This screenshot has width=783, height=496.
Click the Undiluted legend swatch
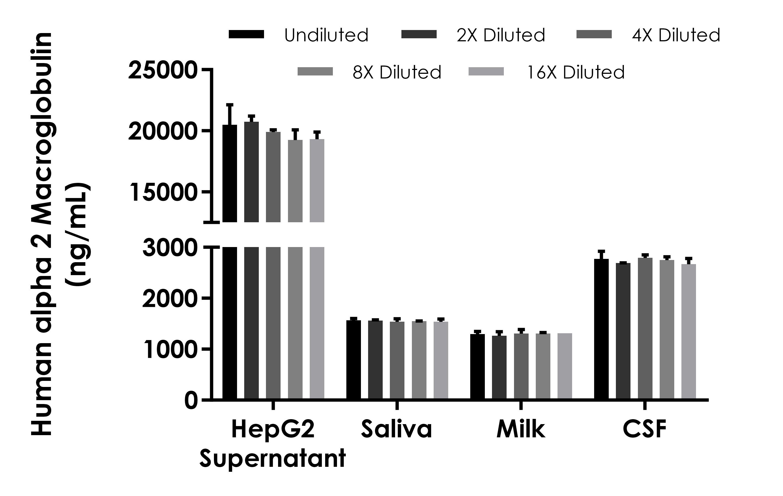pos(246,34)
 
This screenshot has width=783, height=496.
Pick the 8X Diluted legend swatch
pos(315,72)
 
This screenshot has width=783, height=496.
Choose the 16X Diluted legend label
pos(575,72)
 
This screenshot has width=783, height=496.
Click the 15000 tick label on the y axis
pos(163,193)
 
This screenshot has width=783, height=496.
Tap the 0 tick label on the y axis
pos(191,401)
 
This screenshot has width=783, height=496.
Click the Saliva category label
pos(396,429)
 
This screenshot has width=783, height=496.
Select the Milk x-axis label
pos(521,429)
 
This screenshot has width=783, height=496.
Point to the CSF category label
pos(645,429)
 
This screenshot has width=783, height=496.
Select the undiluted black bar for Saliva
pos(354,359)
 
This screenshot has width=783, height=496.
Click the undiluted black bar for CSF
pos(601,329)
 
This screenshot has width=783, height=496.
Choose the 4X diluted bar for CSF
pos(645,328)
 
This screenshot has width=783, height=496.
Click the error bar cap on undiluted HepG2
pos(230,105)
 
